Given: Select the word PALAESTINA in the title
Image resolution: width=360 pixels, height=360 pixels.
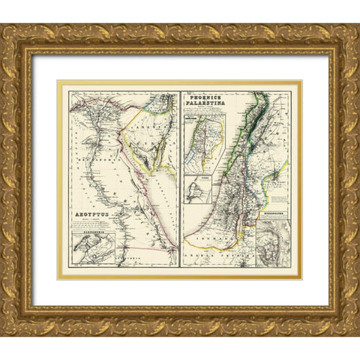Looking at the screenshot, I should tap(207, 103).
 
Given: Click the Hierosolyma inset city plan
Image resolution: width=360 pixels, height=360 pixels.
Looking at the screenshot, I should tap(268, 247).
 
